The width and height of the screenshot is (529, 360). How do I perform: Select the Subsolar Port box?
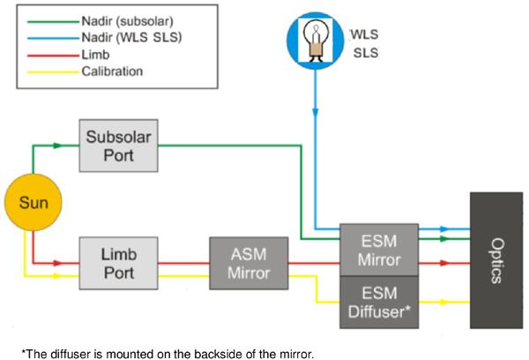pos(118,146)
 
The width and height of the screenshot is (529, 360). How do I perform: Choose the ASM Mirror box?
pos(250,262)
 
